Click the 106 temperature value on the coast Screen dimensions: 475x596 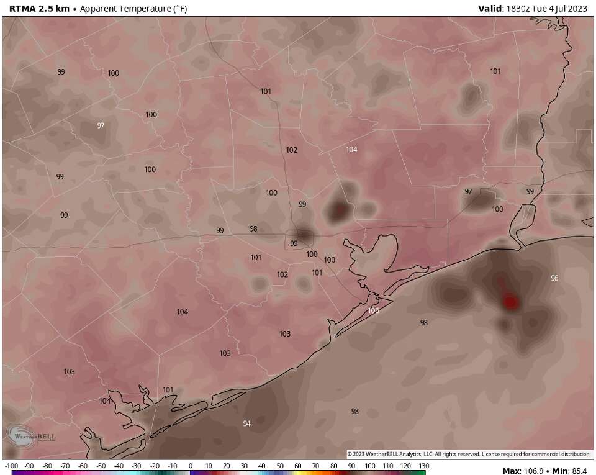click(373, 310)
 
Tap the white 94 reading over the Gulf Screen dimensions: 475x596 click(246, 423)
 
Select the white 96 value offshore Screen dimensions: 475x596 click(554, 278)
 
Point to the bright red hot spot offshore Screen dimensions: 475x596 click(510, 302)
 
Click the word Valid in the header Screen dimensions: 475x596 click(490, 9)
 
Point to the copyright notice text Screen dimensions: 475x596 click(468, 454)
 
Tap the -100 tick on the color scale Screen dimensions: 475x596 click(11, 465)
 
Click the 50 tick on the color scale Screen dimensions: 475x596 click(279, 465)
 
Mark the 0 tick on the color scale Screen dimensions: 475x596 click(191, 465)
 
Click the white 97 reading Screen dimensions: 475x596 click(101, 125)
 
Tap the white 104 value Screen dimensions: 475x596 click(351, 149)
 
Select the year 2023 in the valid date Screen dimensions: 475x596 click(577, 9)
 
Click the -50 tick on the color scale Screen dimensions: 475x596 click(100, 465)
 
